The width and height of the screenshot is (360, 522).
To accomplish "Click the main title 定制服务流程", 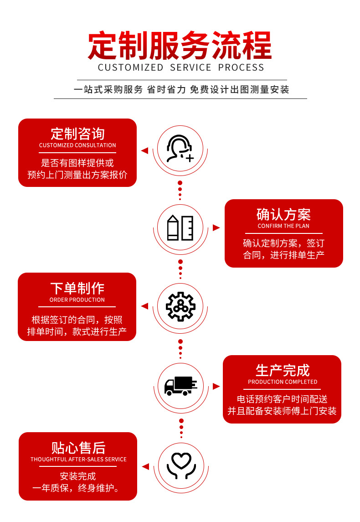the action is (x=180, y=46).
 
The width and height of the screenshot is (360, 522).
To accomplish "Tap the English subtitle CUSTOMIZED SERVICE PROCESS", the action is (x=181, y=67).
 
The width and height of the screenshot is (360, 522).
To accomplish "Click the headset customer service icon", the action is (x=180, y=149).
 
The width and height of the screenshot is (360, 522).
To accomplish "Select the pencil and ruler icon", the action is (x=180, y=227).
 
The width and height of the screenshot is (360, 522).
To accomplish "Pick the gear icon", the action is (x=180, y=306).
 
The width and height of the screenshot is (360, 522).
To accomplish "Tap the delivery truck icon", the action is (x=180, y=386).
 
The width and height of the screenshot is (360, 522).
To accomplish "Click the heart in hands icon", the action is (x=181, y=465).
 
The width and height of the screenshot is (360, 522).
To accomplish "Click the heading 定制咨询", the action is (x=77, y=134).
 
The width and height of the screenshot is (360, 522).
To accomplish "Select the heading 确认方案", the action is (x=283, y=214).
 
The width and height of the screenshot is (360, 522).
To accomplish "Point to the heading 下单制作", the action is (x=77, y=288).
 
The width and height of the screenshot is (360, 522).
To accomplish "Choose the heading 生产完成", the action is (x=283, y=370).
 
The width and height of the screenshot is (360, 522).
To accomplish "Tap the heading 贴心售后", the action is (x=78, y=448).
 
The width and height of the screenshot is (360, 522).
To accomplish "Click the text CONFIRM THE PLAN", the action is (x=283, y=226).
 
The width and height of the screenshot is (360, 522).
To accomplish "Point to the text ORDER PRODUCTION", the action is (x=77, y=300).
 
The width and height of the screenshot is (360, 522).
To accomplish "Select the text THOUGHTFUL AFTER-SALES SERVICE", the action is (x=78, y=460).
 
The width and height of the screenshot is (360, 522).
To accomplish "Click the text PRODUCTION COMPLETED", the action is (x=283, y=382).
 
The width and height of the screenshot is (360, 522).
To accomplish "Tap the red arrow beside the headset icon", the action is (x=144, y=150).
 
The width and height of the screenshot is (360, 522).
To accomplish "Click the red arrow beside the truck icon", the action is (x=216, y=386).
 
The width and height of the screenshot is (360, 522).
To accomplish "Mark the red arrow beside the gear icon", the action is (x=144, y=306).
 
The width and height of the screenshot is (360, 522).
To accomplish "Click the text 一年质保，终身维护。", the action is (x=77, y=489).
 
